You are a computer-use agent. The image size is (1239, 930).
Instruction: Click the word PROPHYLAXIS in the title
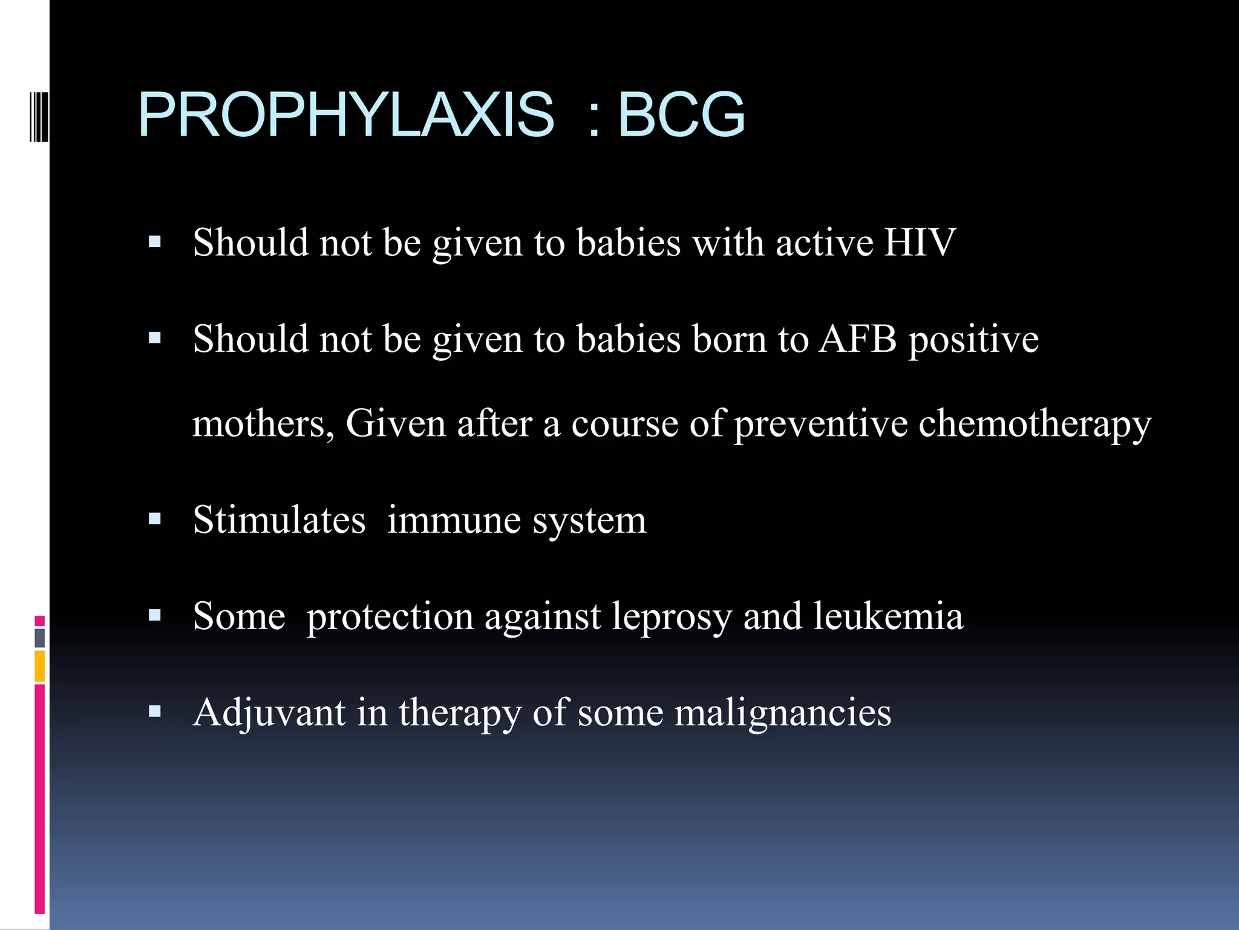[345, 115]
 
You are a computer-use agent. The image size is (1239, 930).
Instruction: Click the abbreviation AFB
[858, 339]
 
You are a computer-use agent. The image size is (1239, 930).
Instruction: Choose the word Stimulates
[279, 520]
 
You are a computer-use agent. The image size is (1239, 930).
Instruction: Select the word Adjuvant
[269, 713]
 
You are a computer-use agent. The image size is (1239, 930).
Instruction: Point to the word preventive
[821, 424]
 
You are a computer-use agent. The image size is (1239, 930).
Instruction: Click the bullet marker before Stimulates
[155, 519]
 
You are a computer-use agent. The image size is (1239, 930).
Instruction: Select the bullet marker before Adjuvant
[155, 711]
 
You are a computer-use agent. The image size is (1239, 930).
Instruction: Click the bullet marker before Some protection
[155, 616]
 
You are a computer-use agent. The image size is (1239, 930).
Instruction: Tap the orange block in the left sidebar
[40, 665]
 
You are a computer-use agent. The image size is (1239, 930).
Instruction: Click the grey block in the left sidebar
[40, 638]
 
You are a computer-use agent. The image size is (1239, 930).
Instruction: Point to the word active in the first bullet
[825, 243]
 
